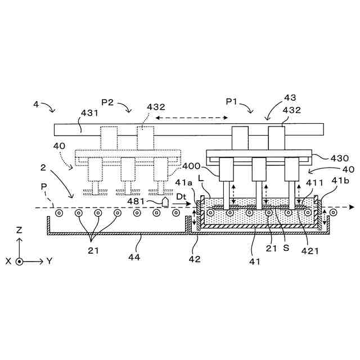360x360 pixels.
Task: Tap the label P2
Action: (108, 102)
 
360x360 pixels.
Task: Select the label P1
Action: (232, 102)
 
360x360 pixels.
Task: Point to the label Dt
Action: (181, 196)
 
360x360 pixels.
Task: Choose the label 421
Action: (309, 251)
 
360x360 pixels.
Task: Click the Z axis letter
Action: (20, 230)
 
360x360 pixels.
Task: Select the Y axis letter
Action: (50, 261)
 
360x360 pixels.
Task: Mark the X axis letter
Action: (8, 262)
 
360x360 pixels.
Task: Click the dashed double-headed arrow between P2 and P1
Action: (192, 118)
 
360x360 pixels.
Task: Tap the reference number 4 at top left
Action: (36, 104)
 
